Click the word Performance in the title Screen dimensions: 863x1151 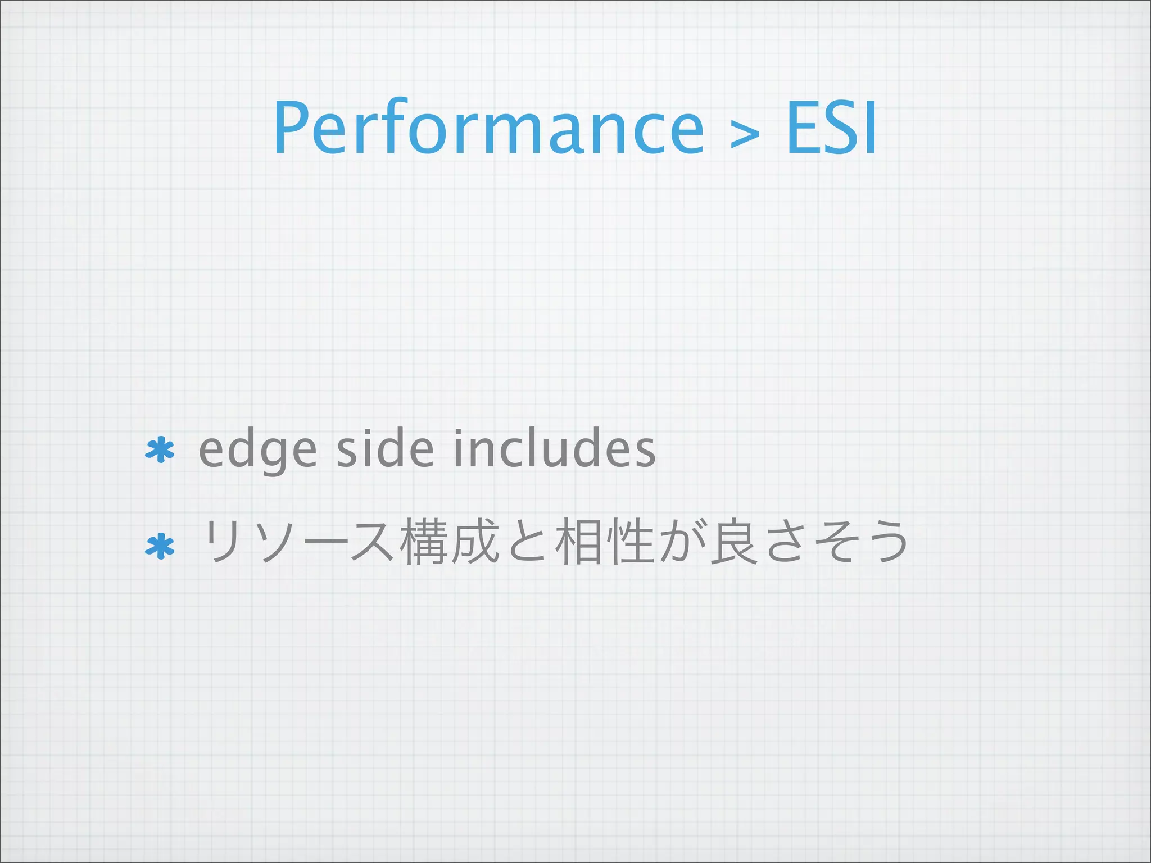pyautogui.click(x=488, y=128)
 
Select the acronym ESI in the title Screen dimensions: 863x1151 pyautogui.click(x=831, y=128)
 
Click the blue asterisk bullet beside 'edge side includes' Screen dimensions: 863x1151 pyautogui.click(x=160, y=449)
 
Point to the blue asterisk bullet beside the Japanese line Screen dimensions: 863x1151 pyautogui.click(x=160, y=546)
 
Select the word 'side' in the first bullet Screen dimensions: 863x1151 pyautogui.click(x=385, y=449)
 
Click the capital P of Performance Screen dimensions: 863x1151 pyautogui.click(x=291, y=128)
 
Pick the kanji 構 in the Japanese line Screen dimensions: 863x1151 pyautogui.click(x=424, y=542)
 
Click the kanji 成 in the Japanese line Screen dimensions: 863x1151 pyautogui.click(x=475, y=542)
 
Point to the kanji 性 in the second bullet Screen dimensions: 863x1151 pyautogui.click(x=630, y=542)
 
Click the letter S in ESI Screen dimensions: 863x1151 pyautogui.click(x=839, y=128)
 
